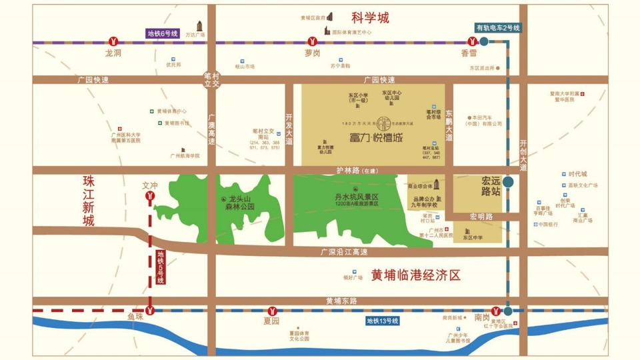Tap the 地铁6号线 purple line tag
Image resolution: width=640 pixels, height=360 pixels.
click(x=163, y=33)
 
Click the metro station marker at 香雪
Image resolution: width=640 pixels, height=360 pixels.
click(x=471, y=41)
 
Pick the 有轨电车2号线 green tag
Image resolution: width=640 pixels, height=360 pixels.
click(x=497, y=28)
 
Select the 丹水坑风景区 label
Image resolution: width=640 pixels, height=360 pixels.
click(x=357, y=197)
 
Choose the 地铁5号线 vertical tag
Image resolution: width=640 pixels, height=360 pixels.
click(x=161, y=267)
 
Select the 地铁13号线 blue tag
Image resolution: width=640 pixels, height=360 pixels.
click(x=383, y=321)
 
